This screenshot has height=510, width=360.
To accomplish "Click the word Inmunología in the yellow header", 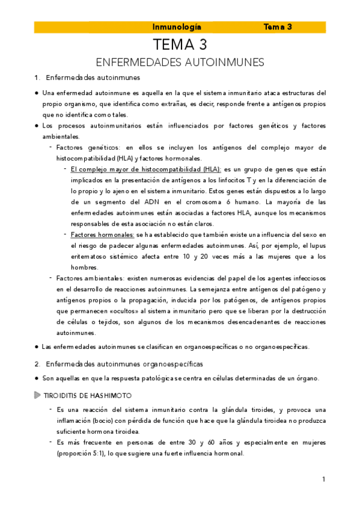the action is (x=177, y=27).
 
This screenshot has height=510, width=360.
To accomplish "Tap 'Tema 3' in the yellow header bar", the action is (x=278, y=27).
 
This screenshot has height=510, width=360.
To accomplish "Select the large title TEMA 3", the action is (x=180, y=45).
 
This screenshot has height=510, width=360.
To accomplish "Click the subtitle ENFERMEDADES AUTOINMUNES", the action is (x=180, y=63).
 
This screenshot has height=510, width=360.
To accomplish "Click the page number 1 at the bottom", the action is (x=323, y=479).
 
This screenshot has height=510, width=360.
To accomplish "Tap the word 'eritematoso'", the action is (x=90, y=256).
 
